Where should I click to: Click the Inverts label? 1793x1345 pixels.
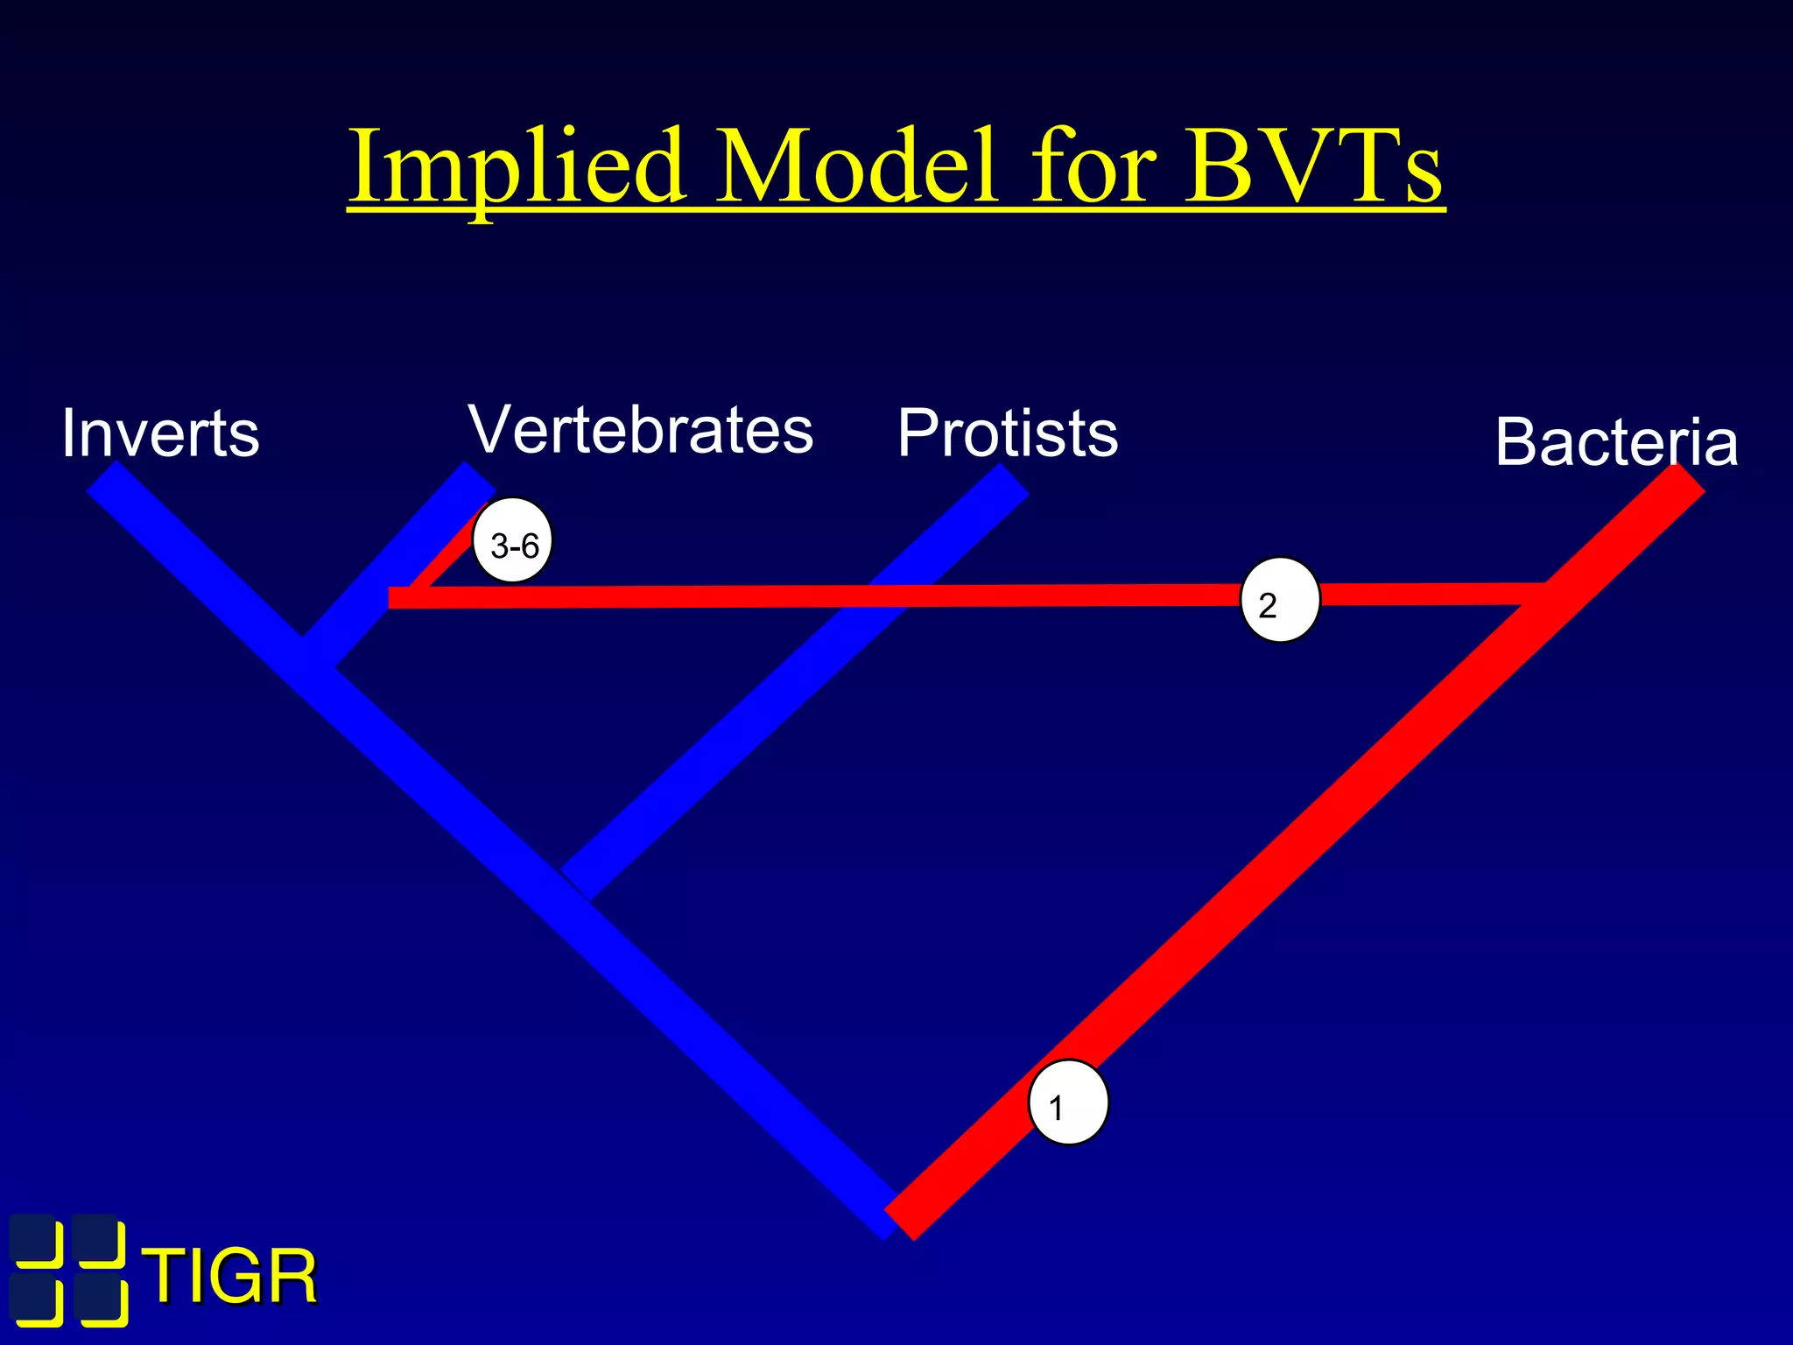coord(160,433)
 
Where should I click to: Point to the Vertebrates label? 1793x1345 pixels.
coord(641,430)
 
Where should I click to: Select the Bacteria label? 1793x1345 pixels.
coord(1616,441)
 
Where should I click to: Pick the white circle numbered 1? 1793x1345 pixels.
coord(1068,1103)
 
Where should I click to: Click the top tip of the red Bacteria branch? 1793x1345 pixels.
coord(1691,478)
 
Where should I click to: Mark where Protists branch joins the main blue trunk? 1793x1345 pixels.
coord(576,884)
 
